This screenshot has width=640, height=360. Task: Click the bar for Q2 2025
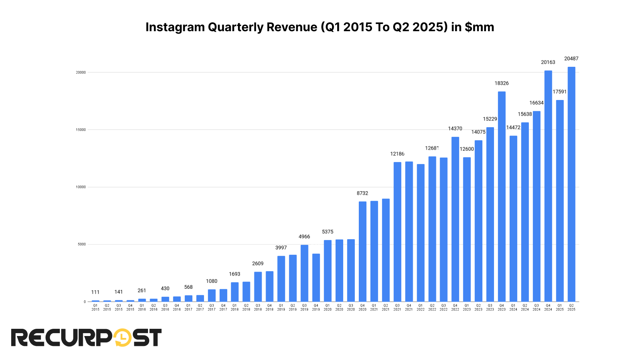pyautogui.click(x=571, y=184)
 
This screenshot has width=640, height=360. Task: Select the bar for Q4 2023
pyautogui.click(x=502, y=196)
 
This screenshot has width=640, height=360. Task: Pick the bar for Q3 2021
pyautogui.click(x=397, y=232)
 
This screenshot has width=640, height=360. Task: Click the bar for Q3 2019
pyautogui.click(x=304, y=273)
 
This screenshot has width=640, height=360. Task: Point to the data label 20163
pyautogui.click(x=548, y=62)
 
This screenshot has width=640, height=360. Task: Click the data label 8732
pyautogui.click(x=362, y=193)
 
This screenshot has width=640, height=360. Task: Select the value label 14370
pyautogui.click(x=455, y=129)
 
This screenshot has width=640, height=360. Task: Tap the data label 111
pyautogui.click(x=95, y=292)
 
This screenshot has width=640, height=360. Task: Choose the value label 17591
pyautogui.click(x=560, y=92)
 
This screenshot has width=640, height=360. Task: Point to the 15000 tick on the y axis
pyautogui.click(x=81, y=130)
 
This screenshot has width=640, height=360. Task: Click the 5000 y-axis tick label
pyautogui.click(x=82, y=244)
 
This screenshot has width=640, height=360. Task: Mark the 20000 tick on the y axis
pyautogui.click(x=81, y=72)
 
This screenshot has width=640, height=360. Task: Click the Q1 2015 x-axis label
pyautogui.click(x=95, y=307)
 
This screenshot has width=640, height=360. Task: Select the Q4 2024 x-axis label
pyautogui.click(x=548, y=307)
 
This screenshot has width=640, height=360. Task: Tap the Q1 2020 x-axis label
pyautogui.click(x=328, y=307)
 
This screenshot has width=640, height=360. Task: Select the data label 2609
pyautogui.click(x=258, y=264)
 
